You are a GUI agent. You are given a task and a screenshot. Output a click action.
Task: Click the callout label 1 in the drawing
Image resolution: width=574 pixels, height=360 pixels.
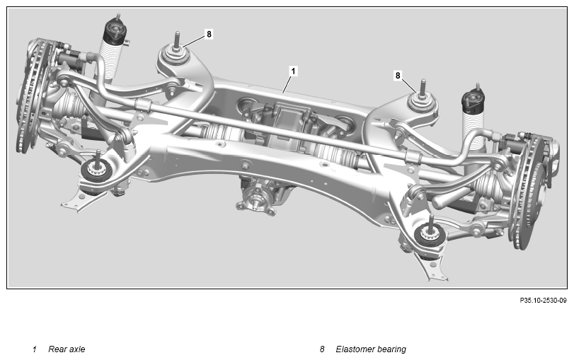coord(292,71)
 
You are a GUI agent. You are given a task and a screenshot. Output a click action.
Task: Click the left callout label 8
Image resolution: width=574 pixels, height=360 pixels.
coord(209,34)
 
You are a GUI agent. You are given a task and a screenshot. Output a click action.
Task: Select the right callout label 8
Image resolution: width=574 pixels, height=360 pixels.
coord(398,76)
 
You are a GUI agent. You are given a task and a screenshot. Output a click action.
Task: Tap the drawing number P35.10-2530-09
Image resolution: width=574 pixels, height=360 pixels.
coord(543,301)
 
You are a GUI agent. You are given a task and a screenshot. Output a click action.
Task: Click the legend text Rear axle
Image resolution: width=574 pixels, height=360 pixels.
coord(67,349)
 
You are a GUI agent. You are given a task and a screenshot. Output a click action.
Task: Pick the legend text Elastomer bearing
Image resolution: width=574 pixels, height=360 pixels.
coord(371,349)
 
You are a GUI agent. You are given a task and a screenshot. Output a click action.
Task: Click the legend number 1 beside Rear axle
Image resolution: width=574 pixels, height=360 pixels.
coord(35,349)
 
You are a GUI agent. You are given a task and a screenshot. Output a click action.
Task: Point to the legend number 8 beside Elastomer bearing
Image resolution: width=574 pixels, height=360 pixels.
coord(322,349)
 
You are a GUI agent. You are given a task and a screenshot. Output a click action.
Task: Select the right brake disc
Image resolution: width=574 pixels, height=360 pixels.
coord(530,192)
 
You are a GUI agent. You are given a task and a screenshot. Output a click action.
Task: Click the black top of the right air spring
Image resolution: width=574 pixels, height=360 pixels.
coord(473,100)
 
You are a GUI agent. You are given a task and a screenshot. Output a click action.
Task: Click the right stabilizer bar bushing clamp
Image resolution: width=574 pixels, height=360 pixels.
coord(413,157)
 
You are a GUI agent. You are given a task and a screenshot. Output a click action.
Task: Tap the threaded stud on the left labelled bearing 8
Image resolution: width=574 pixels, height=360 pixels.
coord(177,40)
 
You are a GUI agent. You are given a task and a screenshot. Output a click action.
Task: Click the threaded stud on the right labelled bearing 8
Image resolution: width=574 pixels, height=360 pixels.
coord(423,87)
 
